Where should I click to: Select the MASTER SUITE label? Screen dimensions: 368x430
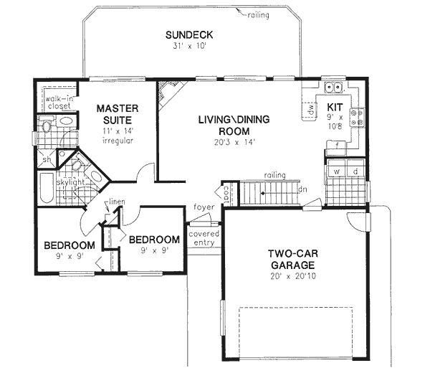(x=118, y=115)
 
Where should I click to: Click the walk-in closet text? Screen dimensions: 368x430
(x=57, y=101)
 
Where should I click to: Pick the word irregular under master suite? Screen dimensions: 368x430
(x=118, y=141)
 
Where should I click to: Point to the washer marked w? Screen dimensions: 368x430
(x=335, y=172)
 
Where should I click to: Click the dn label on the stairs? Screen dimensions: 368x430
(x=303, y=190)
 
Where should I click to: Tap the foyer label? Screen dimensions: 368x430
(x=200, y=207)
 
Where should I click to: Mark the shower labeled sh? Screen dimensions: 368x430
(x=46, y=160)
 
